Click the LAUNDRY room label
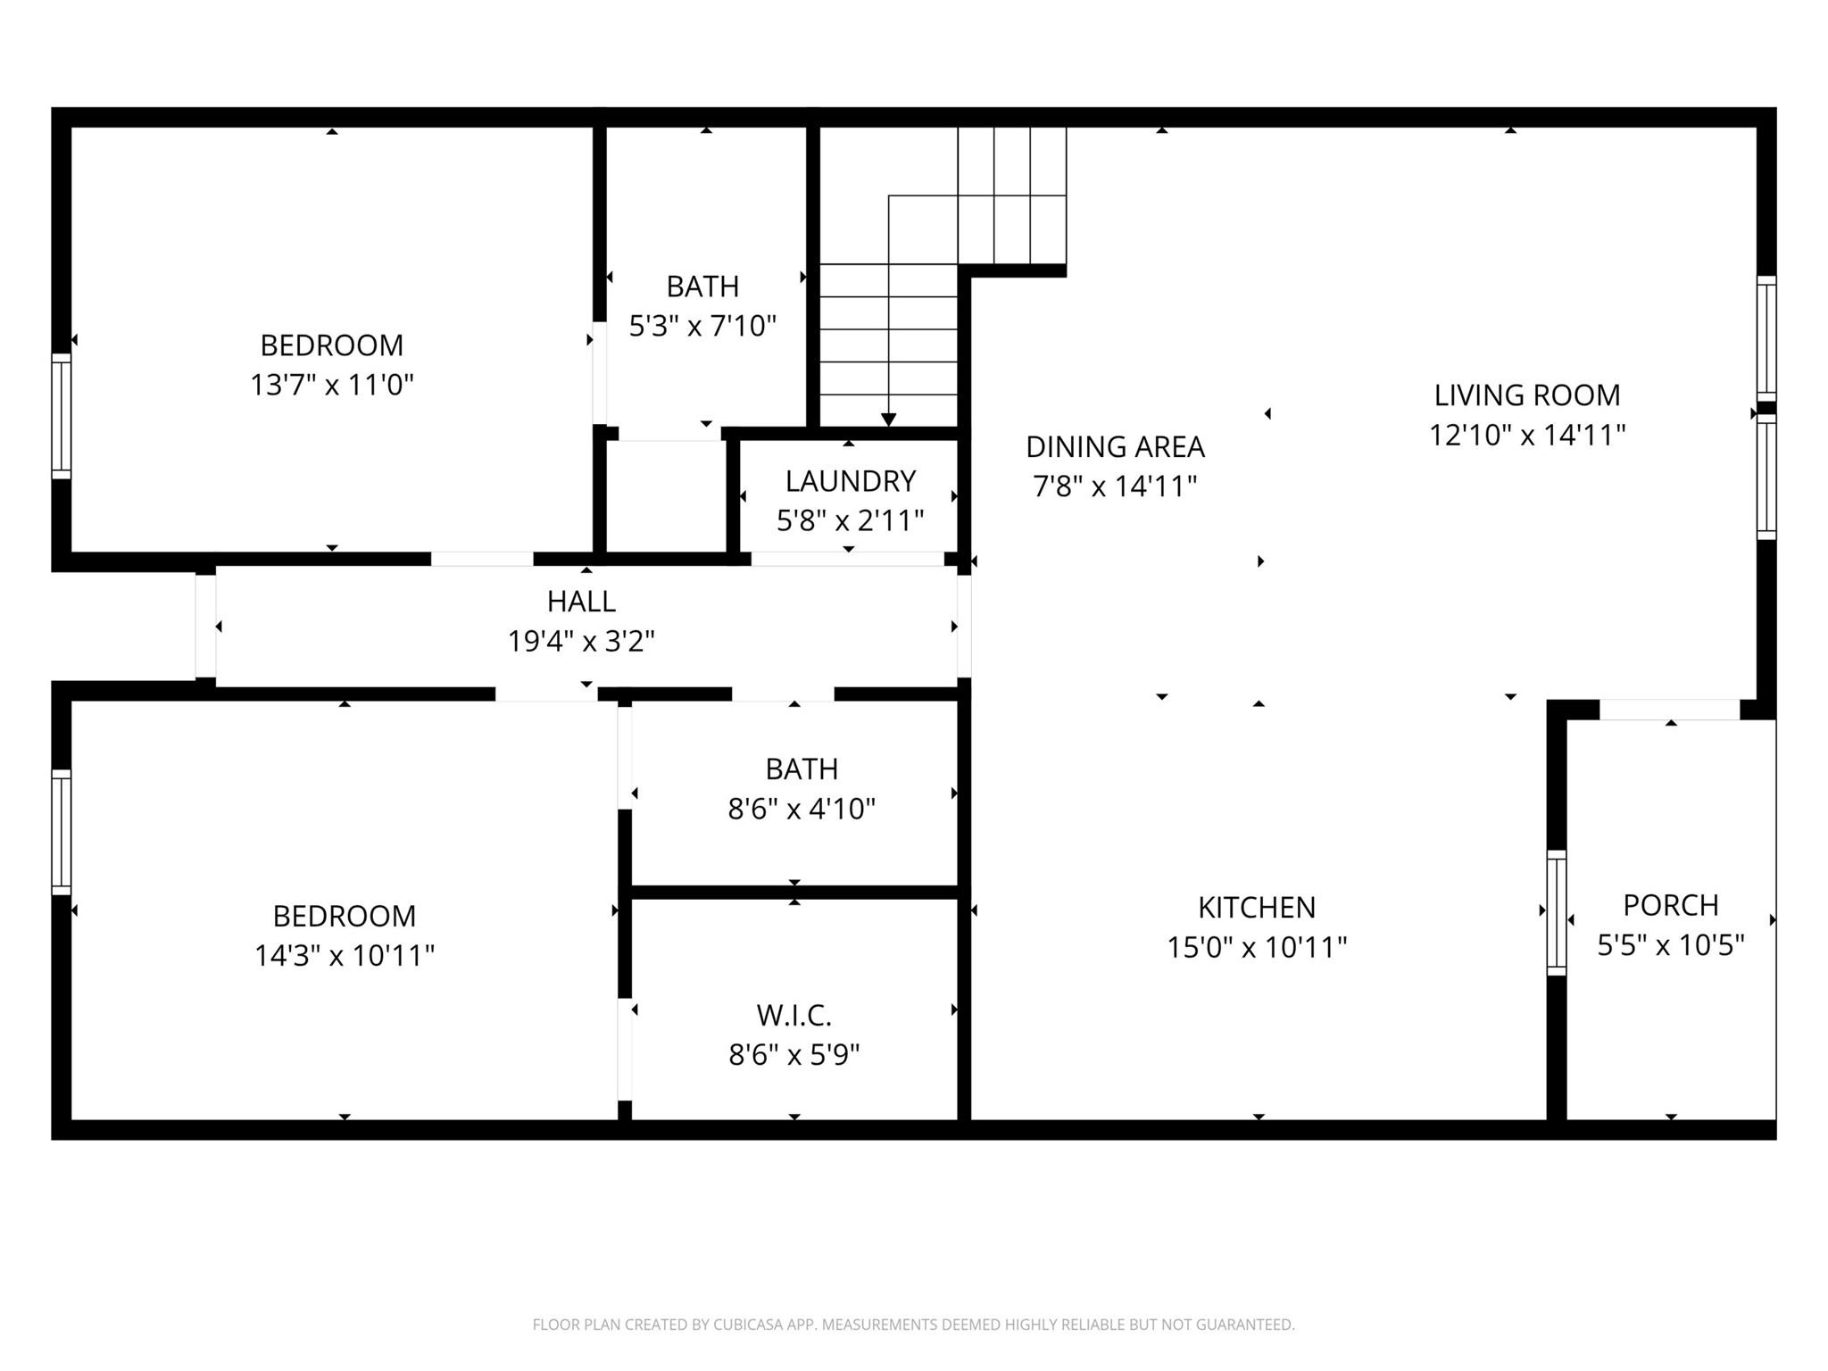(850, 481)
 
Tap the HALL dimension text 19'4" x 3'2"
(581, 641)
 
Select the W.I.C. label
(794, 1015)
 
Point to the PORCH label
(1670, 905)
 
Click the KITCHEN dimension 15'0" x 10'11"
(1257, 947)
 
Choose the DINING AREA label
(1115, 446)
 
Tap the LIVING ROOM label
(1526, 395)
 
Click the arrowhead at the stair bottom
(888, 420)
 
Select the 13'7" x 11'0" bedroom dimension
(331, 385)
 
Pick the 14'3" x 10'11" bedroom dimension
(344, 956)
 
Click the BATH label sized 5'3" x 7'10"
(702, 287)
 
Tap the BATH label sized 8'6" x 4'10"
(802, 769)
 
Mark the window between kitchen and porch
(1556, 912)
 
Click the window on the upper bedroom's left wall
(61, 416)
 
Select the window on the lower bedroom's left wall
(61, 832)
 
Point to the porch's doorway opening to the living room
(1669, 710)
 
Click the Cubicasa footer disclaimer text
(913, 1325)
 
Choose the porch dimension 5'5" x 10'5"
(1670, 945)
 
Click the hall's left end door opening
(205, 626)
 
